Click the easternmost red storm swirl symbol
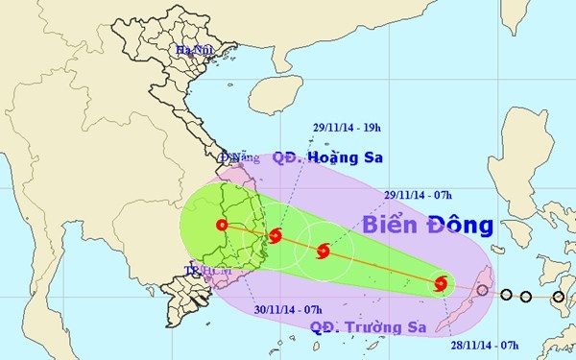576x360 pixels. [x=440, y=283]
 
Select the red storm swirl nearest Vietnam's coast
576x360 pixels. [x=276, y=235]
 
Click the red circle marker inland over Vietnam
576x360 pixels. [x=223, y=227]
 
